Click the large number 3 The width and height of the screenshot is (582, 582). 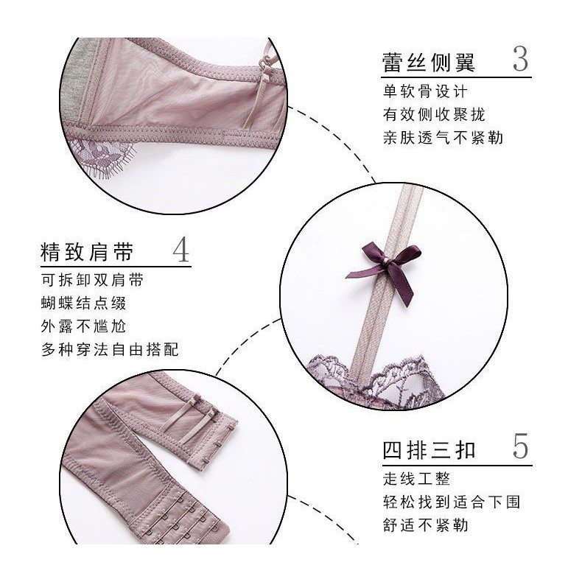pyautogui.click(x=520, y=60)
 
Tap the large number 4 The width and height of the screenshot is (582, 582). pyautogui.click(x=180, y=250)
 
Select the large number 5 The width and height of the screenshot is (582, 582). pyautogui.click(x=520, y=447)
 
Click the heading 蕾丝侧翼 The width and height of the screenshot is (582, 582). pyautogui.click(x=430, y=61)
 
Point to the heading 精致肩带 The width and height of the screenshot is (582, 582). pyautogui.click(x=87, y=252)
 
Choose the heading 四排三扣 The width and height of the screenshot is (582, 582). pyautogui.click(x=430, y=449)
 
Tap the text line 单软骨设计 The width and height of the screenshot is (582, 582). pyautogui.click(x=425, y=92)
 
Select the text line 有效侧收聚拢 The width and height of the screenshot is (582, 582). pyautogui.click(x=434, y=114)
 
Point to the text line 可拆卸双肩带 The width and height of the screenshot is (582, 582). pyautogui.click(x=92, y=281)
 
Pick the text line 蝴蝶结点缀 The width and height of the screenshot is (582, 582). pyautogui.click(x=83, y=304)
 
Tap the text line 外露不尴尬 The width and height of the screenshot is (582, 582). pyautogui.click(x=83, y=326)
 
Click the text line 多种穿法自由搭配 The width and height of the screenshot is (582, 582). pyautogui.click(x=110, y=349)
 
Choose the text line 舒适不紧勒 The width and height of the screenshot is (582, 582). pyautogui.click(x=425, y=525)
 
